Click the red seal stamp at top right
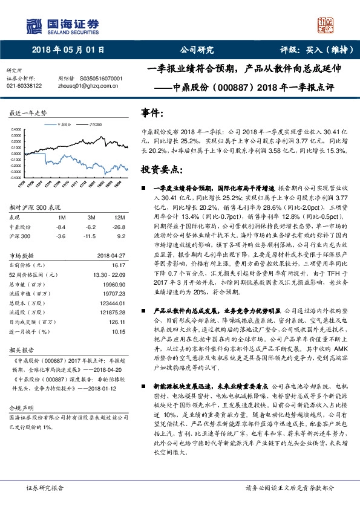pos(327,25)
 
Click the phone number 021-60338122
pos(24,86)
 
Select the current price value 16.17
pos(119,265)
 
